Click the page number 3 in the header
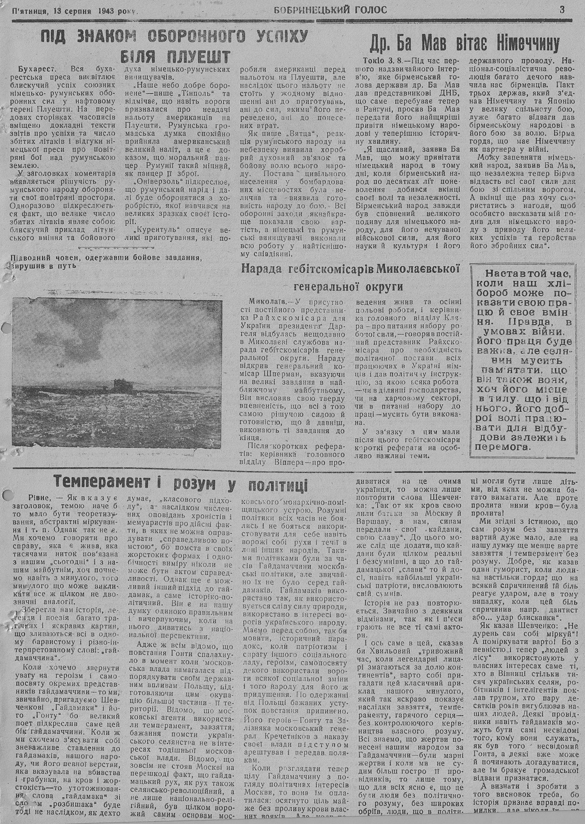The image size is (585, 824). [x=562, y=9]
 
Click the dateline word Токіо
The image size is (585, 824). [x=367, y=61]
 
